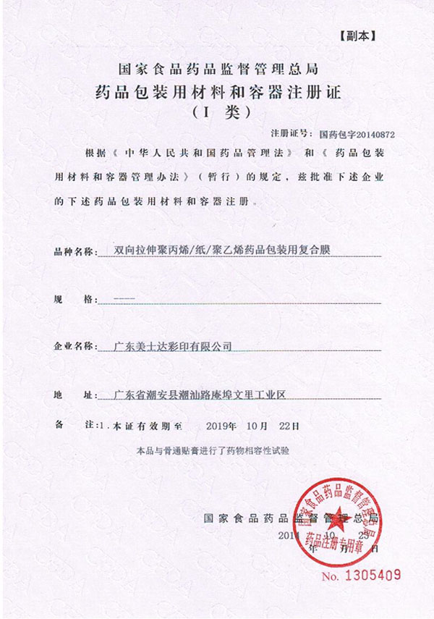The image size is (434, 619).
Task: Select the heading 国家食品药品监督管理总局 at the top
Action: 217,70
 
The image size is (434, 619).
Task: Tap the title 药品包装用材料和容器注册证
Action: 217,92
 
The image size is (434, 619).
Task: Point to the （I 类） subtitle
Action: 217,113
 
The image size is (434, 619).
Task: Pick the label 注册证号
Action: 289,134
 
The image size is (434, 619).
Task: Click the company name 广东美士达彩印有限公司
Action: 174,346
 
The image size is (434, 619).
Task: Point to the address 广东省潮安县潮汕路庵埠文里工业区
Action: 202,395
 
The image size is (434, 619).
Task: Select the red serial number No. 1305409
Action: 361,577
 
